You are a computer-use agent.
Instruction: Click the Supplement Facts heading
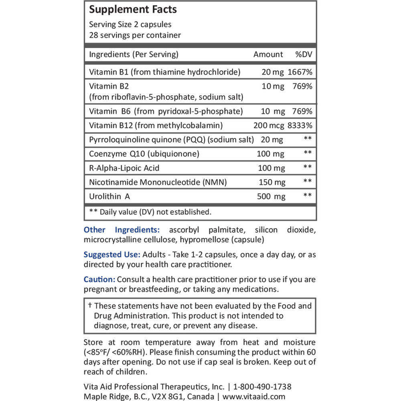point(133,9)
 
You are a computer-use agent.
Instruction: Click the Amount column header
point(268,55)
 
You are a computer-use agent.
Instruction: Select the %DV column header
point(304,55)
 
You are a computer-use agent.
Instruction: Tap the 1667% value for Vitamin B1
point(300,72)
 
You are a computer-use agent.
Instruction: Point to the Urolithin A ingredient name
point(109,196)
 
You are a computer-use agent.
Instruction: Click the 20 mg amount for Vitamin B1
point(272,72)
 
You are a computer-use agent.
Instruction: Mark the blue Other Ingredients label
point(122,230)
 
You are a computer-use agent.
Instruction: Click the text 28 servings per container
point(135,35)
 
